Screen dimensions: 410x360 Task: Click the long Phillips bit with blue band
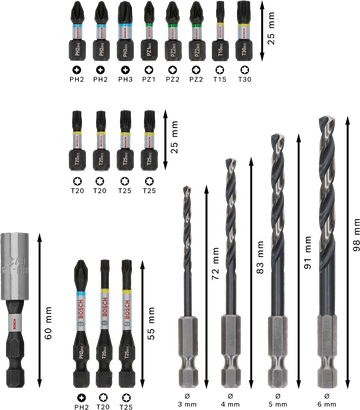(80, 320)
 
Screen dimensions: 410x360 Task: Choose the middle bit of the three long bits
(104, 320)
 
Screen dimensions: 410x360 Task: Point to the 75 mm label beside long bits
(151, 325)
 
